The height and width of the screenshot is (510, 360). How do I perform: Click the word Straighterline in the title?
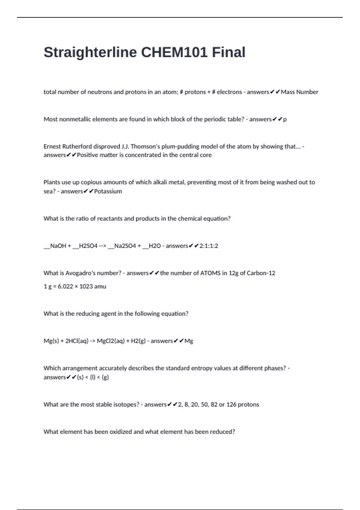click(90, 52)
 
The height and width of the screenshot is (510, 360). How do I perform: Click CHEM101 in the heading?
click(174, 52)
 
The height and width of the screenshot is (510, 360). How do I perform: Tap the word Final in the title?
click(229, 52)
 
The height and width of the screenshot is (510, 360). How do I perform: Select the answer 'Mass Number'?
click(299, 92)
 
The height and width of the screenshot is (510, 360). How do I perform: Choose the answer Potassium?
click(108, 191)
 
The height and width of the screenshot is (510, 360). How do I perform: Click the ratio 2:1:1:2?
click(209, 246)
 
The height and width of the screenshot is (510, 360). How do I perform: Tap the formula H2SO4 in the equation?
click(88, 246)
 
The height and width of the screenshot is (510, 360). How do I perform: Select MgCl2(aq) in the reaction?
click(111, 341)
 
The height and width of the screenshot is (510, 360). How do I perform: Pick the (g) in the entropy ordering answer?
click(105, 377)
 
